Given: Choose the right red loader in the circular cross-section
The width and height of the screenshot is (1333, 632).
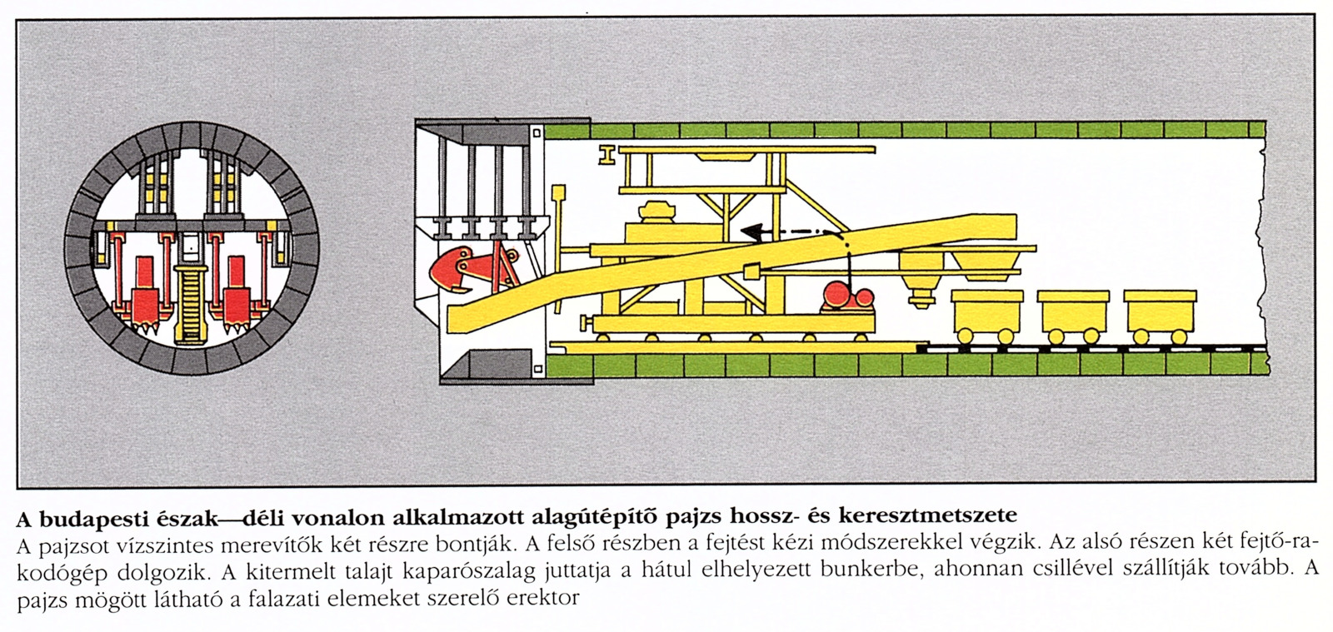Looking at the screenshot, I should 237,291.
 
